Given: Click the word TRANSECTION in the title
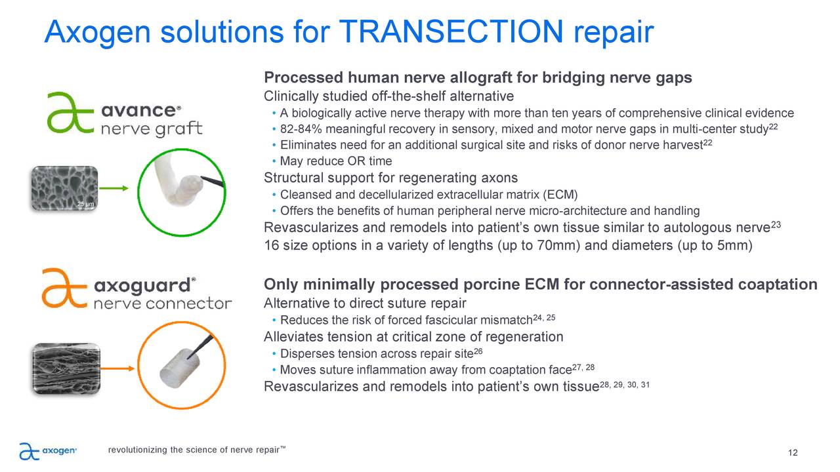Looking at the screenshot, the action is point(451,31).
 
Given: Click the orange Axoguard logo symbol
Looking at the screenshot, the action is point(64,288).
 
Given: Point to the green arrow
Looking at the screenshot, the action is point(114,188).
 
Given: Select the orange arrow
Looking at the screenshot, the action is point(117,368).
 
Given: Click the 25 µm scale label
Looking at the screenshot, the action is point(85,204).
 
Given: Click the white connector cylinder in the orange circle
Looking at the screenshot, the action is point(179,368).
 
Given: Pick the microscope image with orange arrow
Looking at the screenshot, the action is point(66,368).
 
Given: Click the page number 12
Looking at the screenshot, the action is point(793,452).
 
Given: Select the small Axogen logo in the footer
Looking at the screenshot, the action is point(48,450).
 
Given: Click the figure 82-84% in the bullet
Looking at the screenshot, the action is point(301,129).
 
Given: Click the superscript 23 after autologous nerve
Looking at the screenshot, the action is point(776,225).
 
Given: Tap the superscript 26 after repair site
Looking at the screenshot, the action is point(478,351).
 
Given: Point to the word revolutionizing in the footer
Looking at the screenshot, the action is point(138,450).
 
